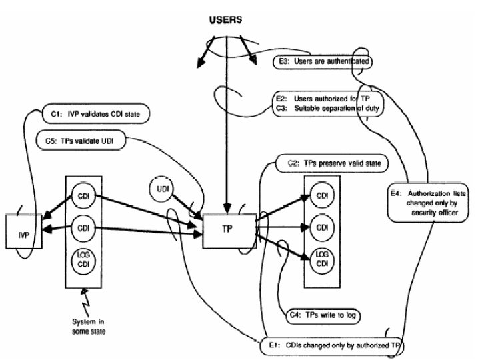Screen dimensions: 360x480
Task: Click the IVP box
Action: pos(24,231)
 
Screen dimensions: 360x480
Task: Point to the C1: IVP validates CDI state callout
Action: pos(95,114)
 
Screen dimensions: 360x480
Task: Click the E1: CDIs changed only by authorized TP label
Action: pos(331,345)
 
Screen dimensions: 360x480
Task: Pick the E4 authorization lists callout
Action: pos(431,203)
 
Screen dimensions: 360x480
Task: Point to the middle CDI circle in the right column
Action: pos(322,227)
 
